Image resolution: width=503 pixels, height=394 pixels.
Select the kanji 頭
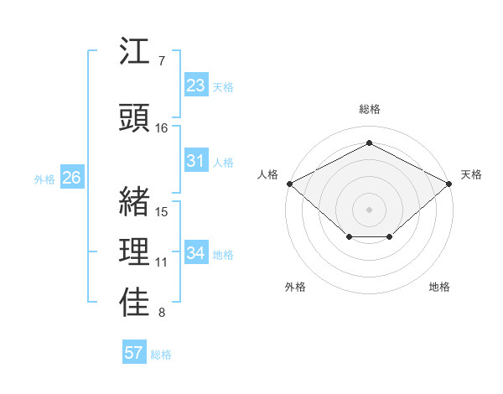pos(135,117)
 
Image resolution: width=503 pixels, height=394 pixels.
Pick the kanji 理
pos(135,251)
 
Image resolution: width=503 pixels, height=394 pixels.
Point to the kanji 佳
pos(135,303)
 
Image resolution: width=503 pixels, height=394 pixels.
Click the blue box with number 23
pos(196,86)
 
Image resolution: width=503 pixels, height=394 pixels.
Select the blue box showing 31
pos(196,161)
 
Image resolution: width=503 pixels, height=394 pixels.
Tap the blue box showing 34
pos(196,253)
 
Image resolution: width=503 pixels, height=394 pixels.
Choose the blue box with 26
pos(71,178)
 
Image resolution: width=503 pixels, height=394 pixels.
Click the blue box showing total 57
pos(134,353)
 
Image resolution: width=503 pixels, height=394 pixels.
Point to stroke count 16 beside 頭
pos(162,128)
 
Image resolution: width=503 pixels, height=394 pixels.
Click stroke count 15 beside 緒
pos(162,211)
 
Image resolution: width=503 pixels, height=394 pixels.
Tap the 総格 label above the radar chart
pos(369,110)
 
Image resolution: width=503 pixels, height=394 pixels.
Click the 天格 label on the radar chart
pos(471,174)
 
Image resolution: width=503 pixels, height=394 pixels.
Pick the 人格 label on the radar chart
pos(268,174)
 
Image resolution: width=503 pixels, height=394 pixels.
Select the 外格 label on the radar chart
pos(295,287)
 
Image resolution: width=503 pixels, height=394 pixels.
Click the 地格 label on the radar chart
pos(439,287)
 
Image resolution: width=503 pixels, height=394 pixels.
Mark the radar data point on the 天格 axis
pos(450,184)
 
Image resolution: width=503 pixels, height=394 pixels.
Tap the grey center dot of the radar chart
pos(369,209)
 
